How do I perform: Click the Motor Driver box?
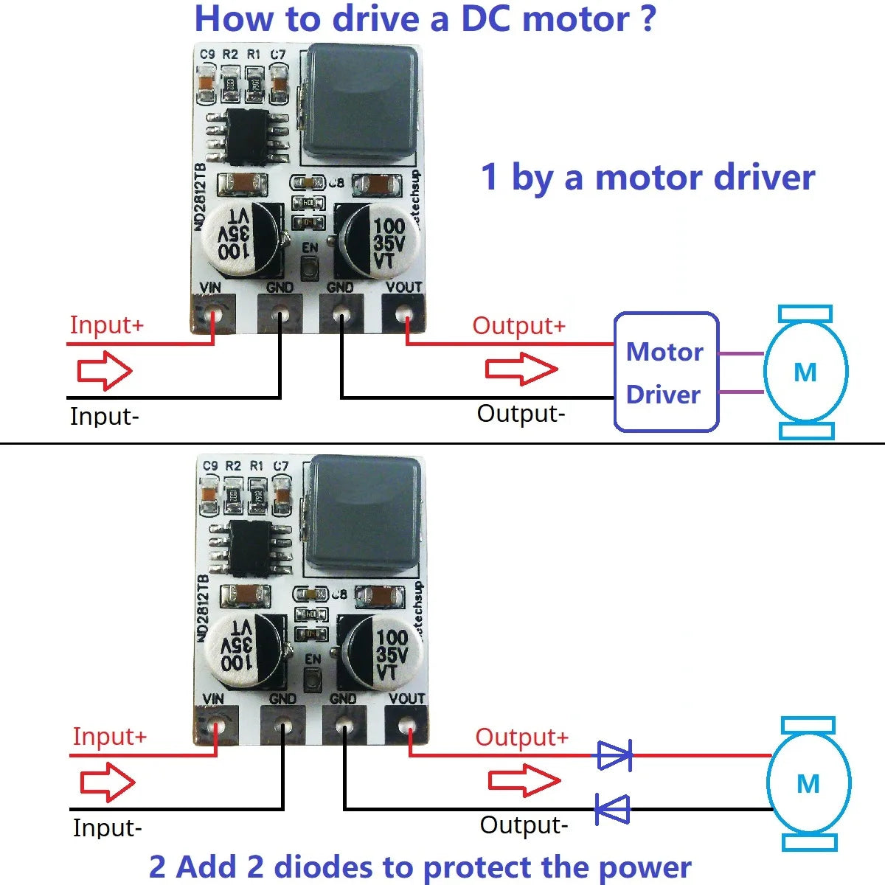coord(665,372)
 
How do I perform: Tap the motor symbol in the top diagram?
coord(805,372)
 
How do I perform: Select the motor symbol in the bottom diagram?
coord(808,783)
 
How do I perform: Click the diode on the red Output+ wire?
coord(614,756)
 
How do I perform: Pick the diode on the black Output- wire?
coord(613,809)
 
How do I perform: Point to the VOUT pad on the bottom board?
coord(407,727)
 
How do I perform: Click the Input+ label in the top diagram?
coord(106,325)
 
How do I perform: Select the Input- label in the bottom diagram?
coord(107,827)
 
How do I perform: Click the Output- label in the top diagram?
coord(521,414)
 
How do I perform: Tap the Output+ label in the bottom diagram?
coord(521,737)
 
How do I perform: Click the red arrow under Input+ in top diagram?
coord(105,370)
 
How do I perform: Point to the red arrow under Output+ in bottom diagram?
coord(524,781)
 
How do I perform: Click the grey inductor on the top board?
coord(358,103)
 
